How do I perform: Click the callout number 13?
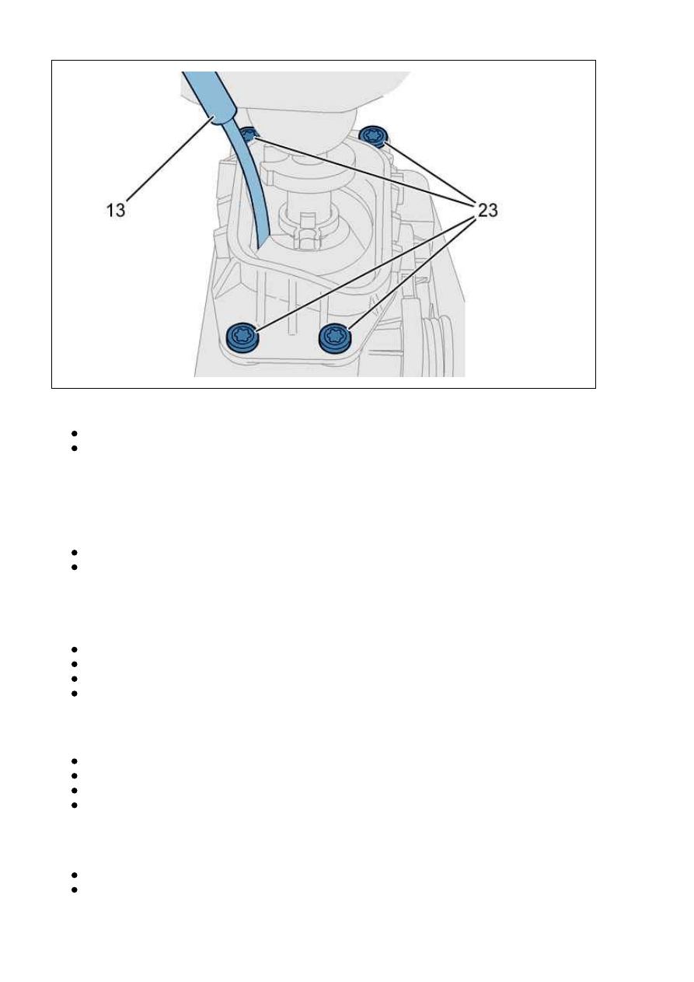coord(116,211)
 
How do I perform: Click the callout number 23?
coord(487,211)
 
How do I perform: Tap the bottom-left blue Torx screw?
coord(242,337)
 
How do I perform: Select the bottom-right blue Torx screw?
coord(336,338)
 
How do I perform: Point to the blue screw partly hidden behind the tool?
coord(249,135)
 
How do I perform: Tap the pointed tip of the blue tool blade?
coord(259,250)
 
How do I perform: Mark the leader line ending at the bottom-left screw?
coord(366,273)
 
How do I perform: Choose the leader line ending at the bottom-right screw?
coord(412,274)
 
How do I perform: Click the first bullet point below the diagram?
coord(74,434)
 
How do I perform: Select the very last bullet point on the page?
coord(74,889)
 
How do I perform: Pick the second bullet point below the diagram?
coord(74,449)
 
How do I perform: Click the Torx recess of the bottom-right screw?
coord(335,336)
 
